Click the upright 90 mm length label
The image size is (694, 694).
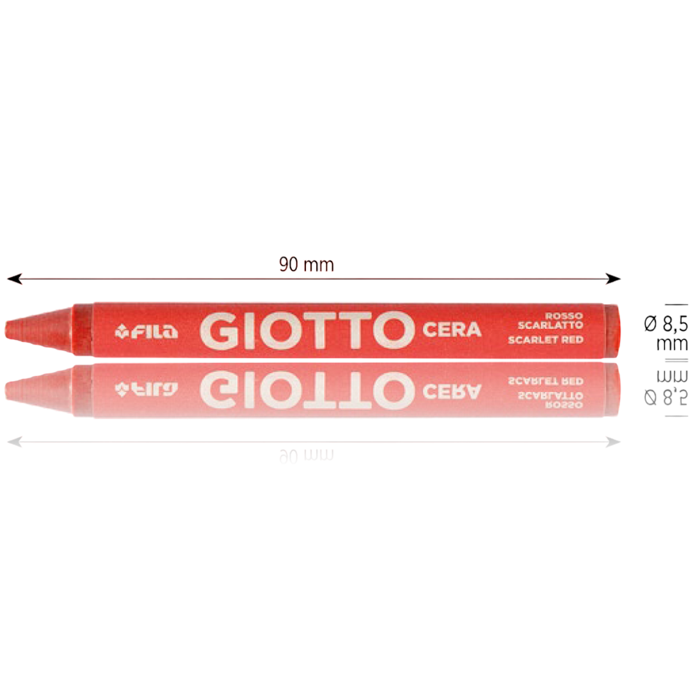coord(307,265)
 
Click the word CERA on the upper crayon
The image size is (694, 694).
coord(452,330)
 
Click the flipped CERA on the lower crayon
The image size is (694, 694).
coord(452,389)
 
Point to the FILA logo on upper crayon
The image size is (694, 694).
coord(147,332)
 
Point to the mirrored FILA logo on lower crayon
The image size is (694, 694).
coord(147,388)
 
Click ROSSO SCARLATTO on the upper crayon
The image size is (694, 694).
coord(550,321)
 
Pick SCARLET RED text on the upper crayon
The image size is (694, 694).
coord(546,339)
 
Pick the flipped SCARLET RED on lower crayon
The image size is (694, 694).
coord(546,381)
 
